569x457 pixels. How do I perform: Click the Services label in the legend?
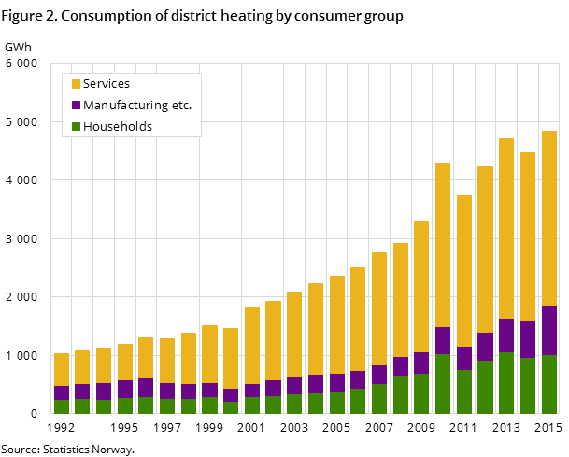[x=106, y=84]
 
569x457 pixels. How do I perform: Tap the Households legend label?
[x=117, y=127]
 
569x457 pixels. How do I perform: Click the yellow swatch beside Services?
[x=76, y=84]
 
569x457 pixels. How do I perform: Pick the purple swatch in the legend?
[x=76, y=106]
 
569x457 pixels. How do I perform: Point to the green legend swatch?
[x=76, y=127]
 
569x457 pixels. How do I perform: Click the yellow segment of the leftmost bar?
[x=62, y=369]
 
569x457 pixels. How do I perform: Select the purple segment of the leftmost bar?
[x=62, y=393]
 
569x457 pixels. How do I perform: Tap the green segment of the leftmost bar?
[x=62, y=407]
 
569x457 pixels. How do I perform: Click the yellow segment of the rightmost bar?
[x=549, y=218]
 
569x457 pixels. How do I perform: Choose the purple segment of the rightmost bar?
[x=549, y=330]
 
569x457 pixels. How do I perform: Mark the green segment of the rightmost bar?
[x=549, y=384]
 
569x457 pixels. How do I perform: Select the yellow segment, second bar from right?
[x=528, y=236]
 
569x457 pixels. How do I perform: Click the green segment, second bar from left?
[x=82, y=407]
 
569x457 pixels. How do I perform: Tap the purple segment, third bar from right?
[x=506, y=336]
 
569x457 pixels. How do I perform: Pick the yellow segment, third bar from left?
[x=104, y=365]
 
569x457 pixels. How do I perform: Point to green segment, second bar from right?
[x=528, y=386]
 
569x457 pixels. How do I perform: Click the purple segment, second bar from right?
[x=528, y=339]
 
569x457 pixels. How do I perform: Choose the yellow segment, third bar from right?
[x=506, y=228]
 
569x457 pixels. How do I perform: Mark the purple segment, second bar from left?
[x=82, y=392]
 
